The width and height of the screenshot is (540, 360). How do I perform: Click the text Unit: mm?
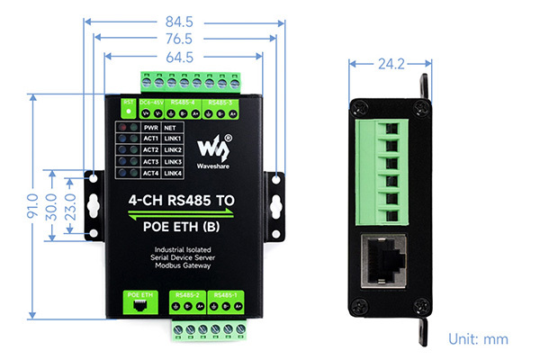tap(479, 340)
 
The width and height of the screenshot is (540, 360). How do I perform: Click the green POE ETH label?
tap(141, 294)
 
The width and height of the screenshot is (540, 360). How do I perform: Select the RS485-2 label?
tap(188, 294)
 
